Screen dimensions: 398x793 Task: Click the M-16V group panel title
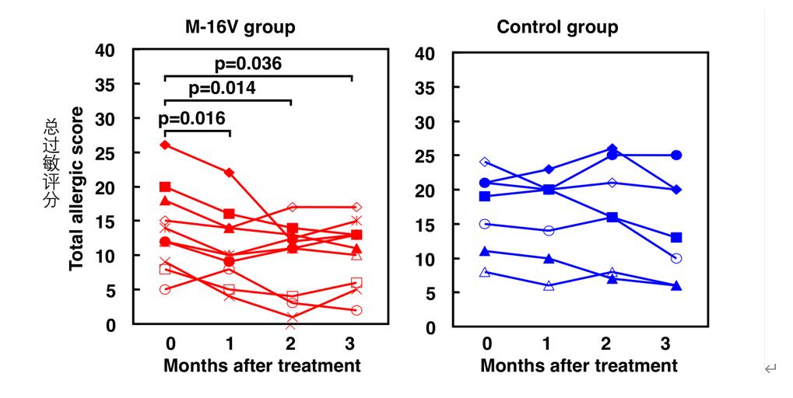[x=239, y=27]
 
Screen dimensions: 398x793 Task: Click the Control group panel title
[x=557, y=27]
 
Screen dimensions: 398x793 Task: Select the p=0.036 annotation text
[x=247, y=64]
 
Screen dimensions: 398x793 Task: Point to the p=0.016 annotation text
[x=191, y=118]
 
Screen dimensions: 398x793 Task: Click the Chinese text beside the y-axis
[x=51, y=164]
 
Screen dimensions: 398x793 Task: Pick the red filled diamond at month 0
[x=165, y=145]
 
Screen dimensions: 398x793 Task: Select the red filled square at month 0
[x=165, y=187]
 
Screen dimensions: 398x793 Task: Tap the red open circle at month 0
[x=165, y=289]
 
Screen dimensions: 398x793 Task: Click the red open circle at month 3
[x=356, y=310]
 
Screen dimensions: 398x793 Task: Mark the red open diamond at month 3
[x=356, y=207]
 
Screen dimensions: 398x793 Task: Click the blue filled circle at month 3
[x=676, y=155]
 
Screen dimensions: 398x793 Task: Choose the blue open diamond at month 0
[x=486, y=162]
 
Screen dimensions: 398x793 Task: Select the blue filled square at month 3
[x=676, y=237]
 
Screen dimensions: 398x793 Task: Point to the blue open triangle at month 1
[x=549, y=286]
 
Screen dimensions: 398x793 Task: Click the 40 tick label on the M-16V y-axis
[x=104, y=51]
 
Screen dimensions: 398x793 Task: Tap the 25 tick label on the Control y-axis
[x=425, y=156]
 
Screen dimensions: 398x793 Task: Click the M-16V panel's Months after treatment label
[x=261, y=365]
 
